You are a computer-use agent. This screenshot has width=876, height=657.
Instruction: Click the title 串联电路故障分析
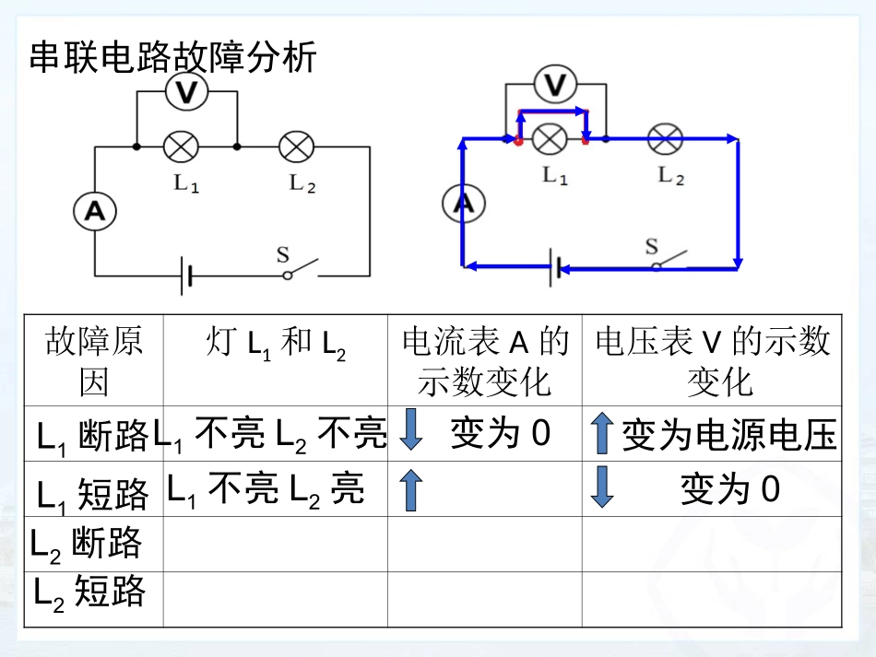pos(173,57)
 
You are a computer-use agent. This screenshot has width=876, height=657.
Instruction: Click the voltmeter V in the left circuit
pos(187,91)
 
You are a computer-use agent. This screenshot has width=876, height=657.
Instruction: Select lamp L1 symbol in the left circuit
pos(181,147)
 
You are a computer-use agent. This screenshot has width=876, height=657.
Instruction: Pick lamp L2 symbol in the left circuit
pos(297,147)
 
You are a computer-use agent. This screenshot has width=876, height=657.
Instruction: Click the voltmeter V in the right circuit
pos(554,86)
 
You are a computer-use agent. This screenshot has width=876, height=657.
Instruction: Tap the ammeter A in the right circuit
pos(463,204)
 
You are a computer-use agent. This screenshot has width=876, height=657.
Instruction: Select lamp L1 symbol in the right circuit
pos(551,139)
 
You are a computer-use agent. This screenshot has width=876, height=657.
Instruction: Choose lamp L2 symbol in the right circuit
pos(666,139)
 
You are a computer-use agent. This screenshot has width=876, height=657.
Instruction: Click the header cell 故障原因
pos(93,360)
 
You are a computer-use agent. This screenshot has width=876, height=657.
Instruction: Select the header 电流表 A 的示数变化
pos(484,360)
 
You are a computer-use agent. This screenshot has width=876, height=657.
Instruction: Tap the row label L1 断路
pos(93,435)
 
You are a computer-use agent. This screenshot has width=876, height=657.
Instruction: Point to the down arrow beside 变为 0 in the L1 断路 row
pos(411,432)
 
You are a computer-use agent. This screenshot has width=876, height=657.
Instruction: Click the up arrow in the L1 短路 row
pos(411,490)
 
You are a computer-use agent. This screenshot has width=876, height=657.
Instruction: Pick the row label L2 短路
pos(89,591)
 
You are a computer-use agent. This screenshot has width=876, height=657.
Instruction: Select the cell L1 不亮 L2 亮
pos(266,489)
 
